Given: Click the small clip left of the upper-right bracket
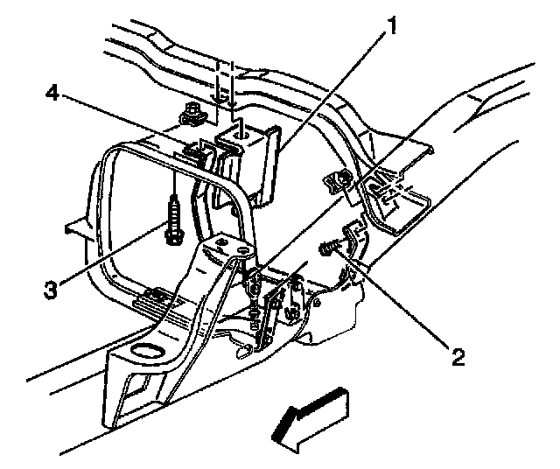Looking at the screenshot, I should click(338, 180).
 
